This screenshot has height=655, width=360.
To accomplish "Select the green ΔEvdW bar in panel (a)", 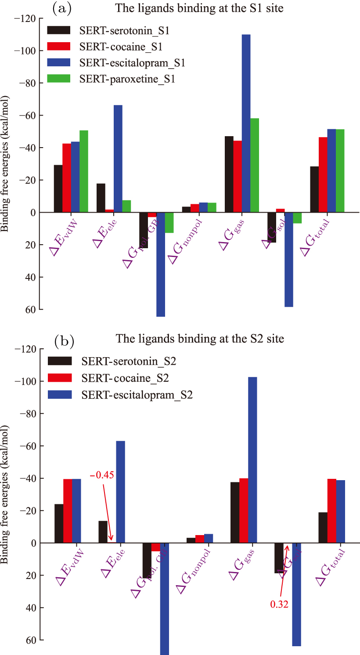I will [83, 171].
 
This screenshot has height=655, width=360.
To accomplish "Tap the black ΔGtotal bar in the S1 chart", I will [314, 189].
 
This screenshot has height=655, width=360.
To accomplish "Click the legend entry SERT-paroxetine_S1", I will [127, 79].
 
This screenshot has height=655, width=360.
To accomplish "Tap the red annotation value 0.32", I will [279, 604].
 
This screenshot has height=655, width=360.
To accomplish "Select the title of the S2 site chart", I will [200, 339].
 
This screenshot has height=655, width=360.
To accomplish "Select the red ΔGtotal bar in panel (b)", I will [331, 511].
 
